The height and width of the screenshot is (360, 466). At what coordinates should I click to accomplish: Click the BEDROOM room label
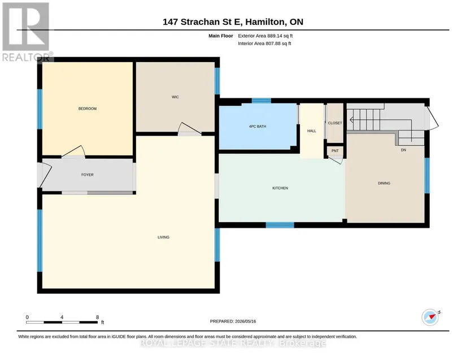click(x=88, y=109)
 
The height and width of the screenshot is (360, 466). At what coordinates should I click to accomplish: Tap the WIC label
click(x=175, y=97)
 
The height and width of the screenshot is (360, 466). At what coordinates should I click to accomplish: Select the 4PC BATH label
click(x=258, y=127)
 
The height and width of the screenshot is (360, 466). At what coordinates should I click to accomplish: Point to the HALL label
click(x=311, y=131)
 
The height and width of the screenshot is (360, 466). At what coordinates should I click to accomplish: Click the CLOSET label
click(x=335, y=123)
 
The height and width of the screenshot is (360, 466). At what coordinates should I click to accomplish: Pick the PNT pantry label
click(x=335, y=151)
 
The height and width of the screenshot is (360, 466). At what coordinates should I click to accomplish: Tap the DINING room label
click(x=384, y=183)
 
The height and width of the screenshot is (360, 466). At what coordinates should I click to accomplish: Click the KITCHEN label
click(x=280, y=188)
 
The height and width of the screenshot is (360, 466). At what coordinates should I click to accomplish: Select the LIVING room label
click(x=163, y=237)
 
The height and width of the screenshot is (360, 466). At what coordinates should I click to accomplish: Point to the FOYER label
click(x=88, y=175)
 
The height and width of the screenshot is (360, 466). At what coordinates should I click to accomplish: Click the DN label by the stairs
click(x=403, y=150)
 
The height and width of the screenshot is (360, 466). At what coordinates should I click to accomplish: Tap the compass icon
click(x=430, y=317)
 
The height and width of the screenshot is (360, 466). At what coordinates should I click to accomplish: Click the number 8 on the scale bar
click(x=98, y=317)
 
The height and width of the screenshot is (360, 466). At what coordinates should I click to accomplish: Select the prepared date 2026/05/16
click(x=246, y=322)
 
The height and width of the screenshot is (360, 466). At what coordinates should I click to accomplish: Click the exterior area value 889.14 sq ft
click(x=280, y=36)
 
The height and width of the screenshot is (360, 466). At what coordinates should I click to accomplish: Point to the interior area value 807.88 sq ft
click(x=278, y=44)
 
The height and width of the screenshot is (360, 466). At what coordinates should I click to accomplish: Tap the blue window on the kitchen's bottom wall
click(x=280, y=225)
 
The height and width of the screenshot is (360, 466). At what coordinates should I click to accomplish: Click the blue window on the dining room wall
click(x=427, y=175)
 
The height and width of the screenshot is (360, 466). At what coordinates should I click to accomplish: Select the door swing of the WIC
click(x=190, y=129)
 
